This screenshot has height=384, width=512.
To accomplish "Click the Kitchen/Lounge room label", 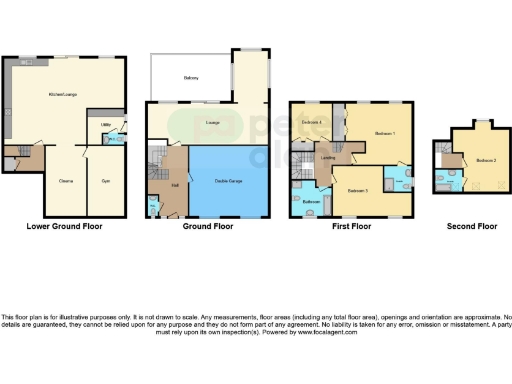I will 63,95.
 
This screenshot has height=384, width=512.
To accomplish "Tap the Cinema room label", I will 64,180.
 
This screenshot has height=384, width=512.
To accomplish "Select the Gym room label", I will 105,180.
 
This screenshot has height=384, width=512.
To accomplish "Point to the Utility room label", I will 105,125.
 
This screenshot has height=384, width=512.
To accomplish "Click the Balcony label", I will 190,77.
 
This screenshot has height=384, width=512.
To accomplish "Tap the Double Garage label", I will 231,180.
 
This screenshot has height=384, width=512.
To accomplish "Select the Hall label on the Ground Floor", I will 175,185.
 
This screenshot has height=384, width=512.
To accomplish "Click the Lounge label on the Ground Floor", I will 212,123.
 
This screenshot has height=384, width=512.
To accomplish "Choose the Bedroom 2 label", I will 485,160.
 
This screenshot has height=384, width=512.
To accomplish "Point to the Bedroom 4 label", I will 313,122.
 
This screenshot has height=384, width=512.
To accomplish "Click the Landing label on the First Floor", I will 327,157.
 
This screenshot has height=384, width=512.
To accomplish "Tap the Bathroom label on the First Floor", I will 311,201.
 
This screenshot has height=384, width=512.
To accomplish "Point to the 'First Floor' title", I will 351,227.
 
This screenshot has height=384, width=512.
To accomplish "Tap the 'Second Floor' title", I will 471,227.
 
